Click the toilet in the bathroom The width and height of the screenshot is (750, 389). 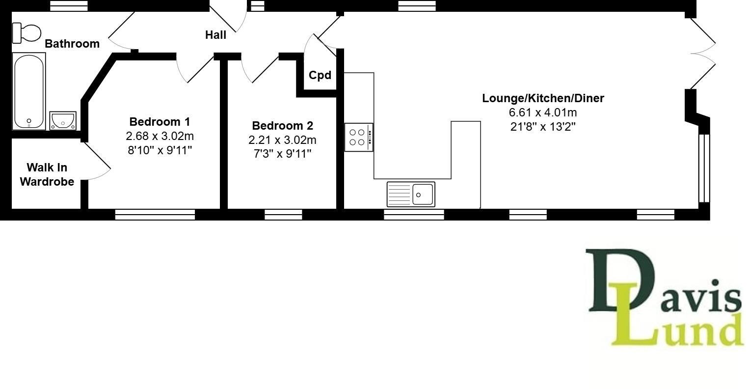27,33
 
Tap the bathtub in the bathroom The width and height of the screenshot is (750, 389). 29,92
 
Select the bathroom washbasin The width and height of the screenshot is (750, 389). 63,120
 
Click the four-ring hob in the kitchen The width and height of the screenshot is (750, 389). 358,138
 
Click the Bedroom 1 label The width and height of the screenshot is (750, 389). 160,121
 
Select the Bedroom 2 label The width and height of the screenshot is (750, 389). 282,125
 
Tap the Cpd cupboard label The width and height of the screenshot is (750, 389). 320,75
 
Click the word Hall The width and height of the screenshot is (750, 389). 215,35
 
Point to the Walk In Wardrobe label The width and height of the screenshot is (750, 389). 47,174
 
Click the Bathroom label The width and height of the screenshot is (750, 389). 72,44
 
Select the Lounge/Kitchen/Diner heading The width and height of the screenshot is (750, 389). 543,98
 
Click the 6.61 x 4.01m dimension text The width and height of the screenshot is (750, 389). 543,112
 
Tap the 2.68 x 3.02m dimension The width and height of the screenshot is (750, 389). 160,136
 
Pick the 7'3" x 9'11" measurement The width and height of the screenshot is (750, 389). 282,154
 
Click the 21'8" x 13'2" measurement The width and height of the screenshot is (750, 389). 543,126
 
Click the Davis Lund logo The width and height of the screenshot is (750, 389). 665,297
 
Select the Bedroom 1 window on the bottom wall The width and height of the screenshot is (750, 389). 155,215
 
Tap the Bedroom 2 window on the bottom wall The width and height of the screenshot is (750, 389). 283,215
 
